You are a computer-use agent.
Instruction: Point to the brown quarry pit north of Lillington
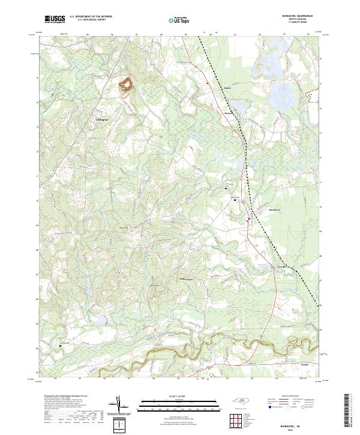(x=127, y=86)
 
